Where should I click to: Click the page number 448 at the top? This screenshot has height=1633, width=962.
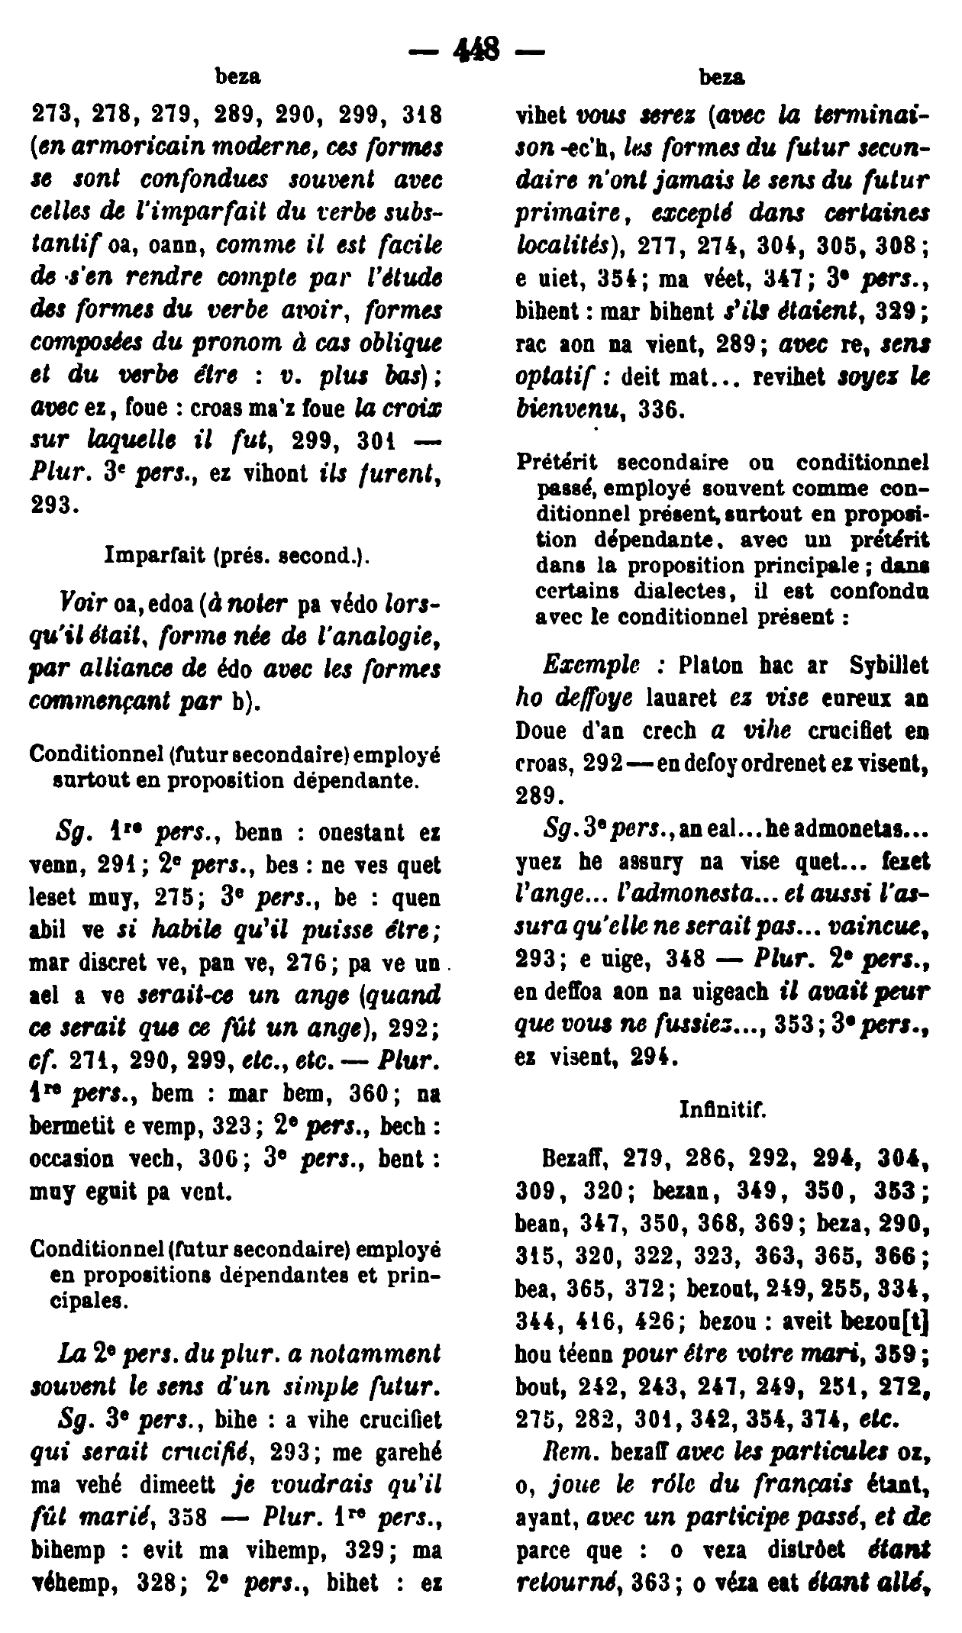[x=476, y=51]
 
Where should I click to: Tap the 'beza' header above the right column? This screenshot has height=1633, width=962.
[x=722, y=77]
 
